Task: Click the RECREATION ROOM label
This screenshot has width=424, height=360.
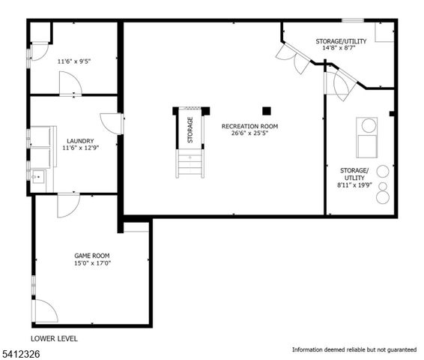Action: (x=250, y=126)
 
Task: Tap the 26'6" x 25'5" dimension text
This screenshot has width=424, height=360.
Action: (x=250, y=135)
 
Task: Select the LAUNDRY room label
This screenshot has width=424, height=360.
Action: (x=80, y=140)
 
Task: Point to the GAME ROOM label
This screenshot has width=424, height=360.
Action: (x=91, y=255)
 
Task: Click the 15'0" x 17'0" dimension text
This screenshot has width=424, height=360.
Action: (x=91, y=264)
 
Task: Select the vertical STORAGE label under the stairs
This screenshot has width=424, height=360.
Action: (x=190, y=129)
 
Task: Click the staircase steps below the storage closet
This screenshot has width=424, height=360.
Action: (x=190, y=163)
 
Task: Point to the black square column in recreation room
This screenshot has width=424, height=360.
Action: (x=266, y=110)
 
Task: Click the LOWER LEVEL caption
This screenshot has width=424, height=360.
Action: (x=54, y=338)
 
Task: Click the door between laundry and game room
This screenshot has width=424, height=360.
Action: (x=68, y=203)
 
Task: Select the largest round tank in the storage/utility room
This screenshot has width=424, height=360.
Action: (x=383, y=196)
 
